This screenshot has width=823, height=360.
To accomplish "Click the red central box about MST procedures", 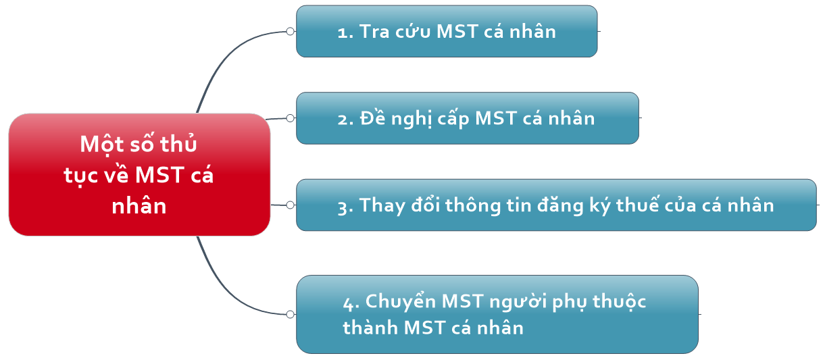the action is pyautogui.click(x=139, y=174).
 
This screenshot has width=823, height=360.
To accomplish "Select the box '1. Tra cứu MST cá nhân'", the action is pyautogui.click(x=447, y=31).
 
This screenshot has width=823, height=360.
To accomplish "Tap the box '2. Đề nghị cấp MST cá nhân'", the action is pyautogui.click(x=468, y=118).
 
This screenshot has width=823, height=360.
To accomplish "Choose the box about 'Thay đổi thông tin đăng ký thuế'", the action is pyautogui.click(x=556, y=205).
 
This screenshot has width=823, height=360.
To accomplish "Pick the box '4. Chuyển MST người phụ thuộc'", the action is pyautogui.click(x=497, y=315).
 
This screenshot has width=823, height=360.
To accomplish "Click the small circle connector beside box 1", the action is pyautogui.click(x=291, y=31).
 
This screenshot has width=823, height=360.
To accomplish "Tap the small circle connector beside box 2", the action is pyautogui.click(x=291, y=118).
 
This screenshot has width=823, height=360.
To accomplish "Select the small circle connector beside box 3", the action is pyautogui.click(x=291, y=205).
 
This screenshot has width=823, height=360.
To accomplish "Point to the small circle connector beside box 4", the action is pyautogui.click(x=291, y=315).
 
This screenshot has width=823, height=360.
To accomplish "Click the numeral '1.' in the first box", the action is pyautogui.click(x=345, y=33).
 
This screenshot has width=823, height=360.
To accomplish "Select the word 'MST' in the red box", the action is pyautogui.click(x=159, y=174).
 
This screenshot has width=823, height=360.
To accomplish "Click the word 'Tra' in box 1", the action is pyautogui.click(x=374, y=31).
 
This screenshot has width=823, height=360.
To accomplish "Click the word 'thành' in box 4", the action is pyautogui.click(x=370, y=328).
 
